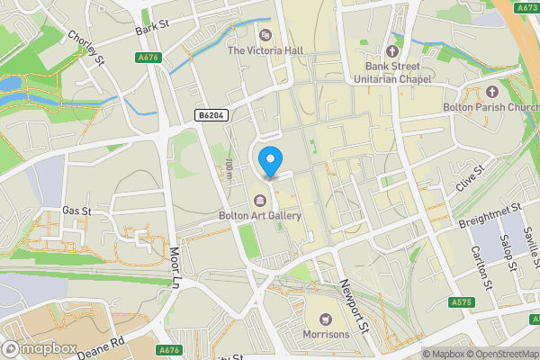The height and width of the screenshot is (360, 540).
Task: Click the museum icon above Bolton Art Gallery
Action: click(260, 200)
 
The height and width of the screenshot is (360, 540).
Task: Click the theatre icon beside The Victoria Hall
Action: click(265, 35)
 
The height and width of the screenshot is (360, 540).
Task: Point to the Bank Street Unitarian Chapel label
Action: click(391, 72)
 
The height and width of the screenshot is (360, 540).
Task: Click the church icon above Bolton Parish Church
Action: click(491, 92)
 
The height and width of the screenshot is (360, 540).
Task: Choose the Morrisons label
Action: click(326, 335)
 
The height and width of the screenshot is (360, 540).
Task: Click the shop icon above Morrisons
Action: click(326, 319)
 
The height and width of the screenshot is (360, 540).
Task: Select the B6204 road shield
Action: click(210, 115)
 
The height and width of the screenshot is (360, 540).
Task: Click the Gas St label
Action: click(77, 211)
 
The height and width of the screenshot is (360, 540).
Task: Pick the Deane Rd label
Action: click(99, 343)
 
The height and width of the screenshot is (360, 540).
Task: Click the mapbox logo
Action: click(39, 348)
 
